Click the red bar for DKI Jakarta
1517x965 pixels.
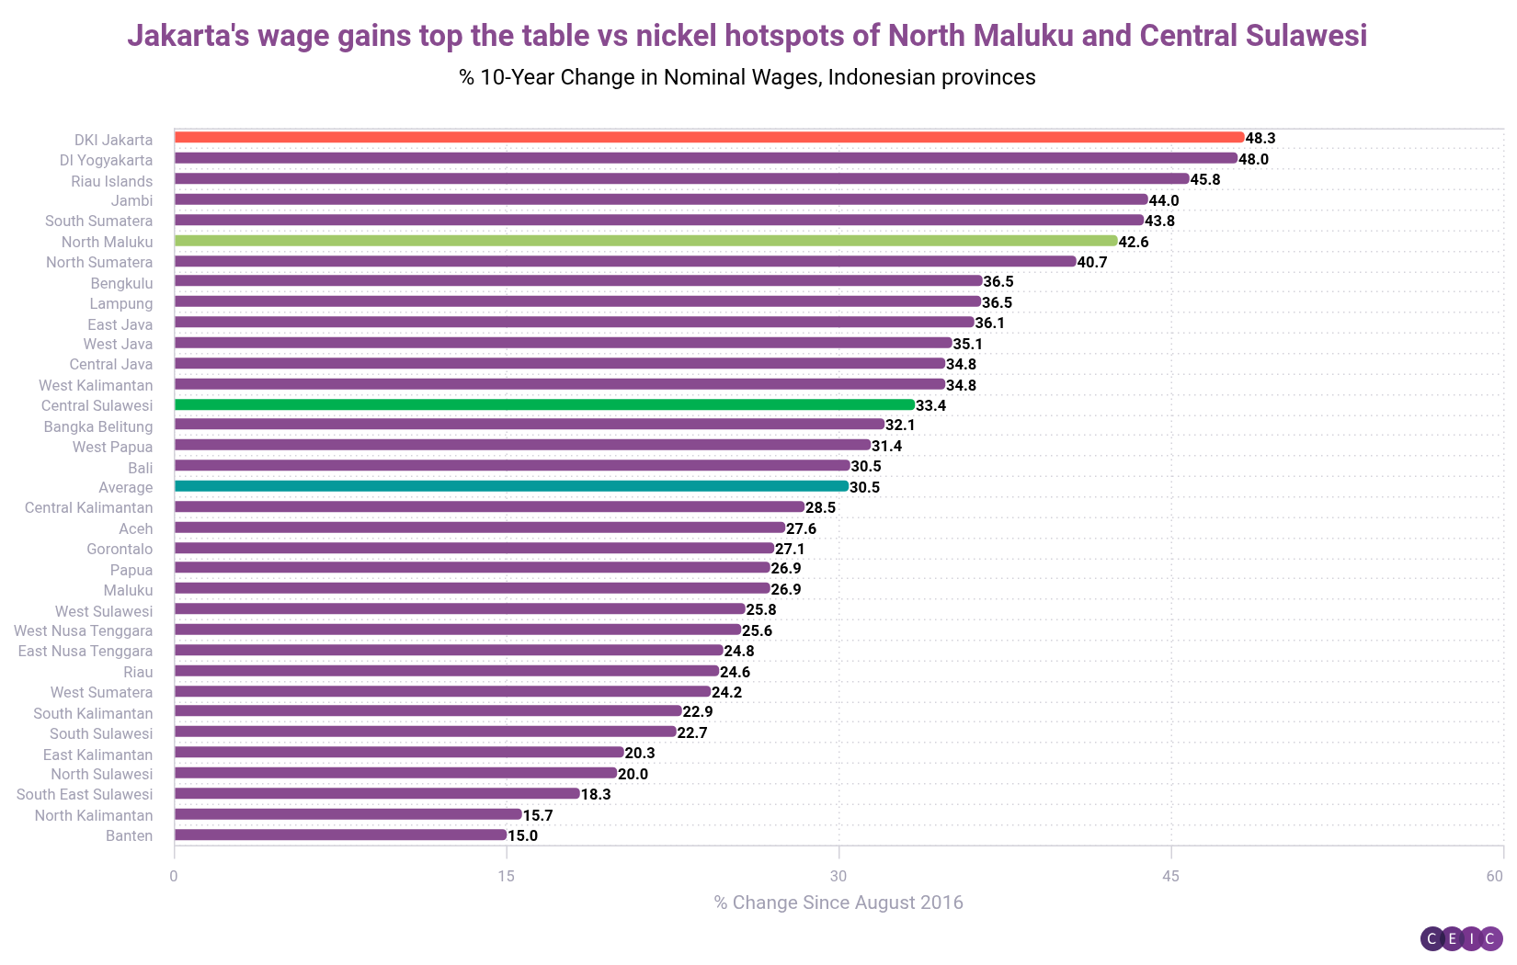pos(708,138)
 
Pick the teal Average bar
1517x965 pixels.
pos(510,486)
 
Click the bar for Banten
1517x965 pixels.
pos(340,835)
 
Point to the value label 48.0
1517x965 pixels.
pos(1253,159)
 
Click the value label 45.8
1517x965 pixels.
pos(1205,179)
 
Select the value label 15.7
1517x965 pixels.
pos(538,815)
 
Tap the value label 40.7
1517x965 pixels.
pos(1092,262)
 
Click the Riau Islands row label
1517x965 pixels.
pos(112,181)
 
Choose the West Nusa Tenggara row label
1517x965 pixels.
pos(84,630)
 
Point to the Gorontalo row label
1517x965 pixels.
pos(120,549)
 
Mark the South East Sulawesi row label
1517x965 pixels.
pos(85,794)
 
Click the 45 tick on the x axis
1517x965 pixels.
pos(1170,876)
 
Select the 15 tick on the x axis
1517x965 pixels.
pos(506,876)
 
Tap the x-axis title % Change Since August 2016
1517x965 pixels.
pos(838,903)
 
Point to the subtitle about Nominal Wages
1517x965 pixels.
pos(747,77)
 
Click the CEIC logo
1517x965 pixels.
pos(1461,938)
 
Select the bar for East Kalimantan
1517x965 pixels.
pos(399,753)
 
